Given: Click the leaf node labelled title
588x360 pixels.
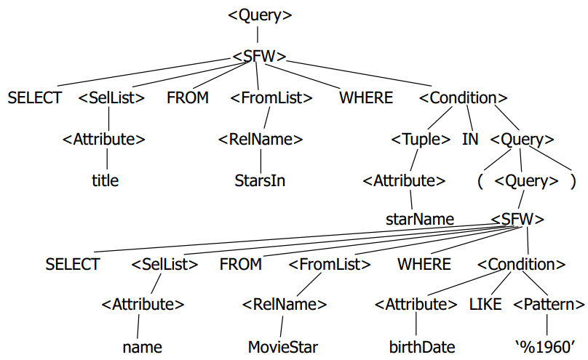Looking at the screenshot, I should coord(104,180).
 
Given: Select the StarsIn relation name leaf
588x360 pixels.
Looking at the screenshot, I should coord(260,180).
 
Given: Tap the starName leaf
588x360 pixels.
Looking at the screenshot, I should coord(420,219).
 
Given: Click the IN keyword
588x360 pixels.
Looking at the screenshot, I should coord(470,139).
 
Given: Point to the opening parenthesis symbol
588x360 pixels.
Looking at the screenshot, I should coord(481,180).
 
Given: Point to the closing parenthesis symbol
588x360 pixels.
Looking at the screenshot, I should coord(573,180).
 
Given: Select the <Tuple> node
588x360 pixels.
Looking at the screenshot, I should coord(421,139).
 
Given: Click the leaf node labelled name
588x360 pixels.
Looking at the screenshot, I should coord(142,346).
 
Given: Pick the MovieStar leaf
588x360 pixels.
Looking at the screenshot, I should coord(283,346).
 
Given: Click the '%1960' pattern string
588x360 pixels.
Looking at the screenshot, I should coord(547,346).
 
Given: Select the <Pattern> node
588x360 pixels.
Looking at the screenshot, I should coord(549,305).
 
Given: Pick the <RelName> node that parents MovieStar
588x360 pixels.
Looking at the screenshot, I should coord(284,305).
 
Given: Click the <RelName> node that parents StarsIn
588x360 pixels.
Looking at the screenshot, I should coord(261,139).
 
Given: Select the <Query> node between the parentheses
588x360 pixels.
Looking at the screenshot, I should coord(527,180).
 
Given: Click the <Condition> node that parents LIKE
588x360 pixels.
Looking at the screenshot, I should coord(521,264).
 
